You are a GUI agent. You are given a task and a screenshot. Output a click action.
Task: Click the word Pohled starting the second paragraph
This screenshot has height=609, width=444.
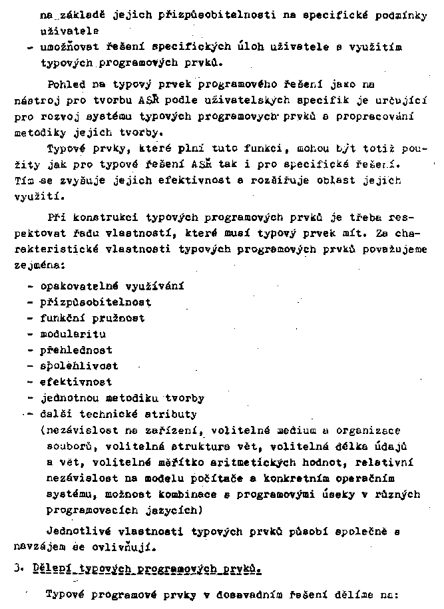click(x=66, y=85)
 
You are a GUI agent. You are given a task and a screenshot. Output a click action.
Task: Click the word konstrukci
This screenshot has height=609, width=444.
click(x=98, y=218)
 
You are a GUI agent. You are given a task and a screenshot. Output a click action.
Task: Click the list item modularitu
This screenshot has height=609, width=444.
click(x=73, y=334)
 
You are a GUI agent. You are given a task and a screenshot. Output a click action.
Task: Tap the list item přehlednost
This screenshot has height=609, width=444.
click(x=76, y=350)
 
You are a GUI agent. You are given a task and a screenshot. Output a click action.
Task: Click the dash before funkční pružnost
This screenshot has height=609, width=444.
click(x=31, y=318)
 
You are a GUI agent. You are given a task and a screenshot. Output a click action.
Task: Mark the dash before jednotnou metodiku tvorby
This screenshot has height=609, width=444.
click(x=31, y=398)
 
